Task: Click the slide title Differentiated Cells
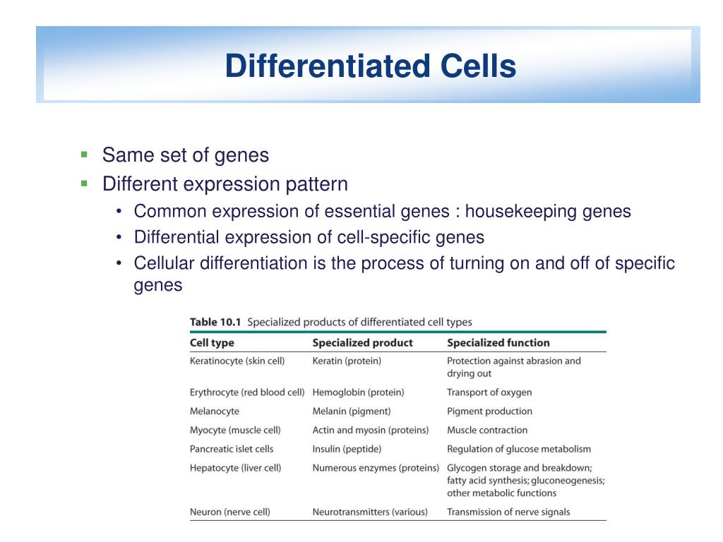370,67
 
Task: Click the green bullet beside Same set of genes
84,154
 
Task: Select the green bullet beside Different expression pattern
84,183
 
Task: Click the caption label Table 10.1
215,323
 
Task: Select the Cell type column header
212,343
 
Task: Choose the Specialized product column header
362,343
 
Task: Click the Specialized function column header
498,343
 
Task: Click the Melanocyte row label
214,411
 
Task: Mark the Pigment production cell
489,411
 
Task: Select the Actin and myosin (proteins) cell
371,430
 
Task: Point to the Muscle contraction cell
486,430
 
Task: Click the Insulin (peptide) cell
347,449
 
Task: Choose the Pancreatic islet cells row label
232,449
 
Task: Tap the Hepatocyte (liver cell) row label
235,468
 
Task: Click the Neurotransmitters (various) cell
370,512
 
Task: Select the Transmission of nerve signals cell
508,512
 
